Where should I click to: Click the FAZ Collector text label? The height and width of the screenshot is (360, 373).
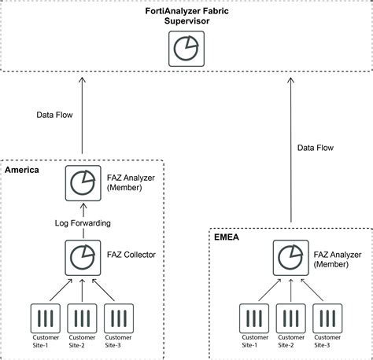coord(131,255)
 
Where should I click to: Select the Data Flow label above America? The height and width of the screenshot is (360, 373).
coord(56,114)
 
